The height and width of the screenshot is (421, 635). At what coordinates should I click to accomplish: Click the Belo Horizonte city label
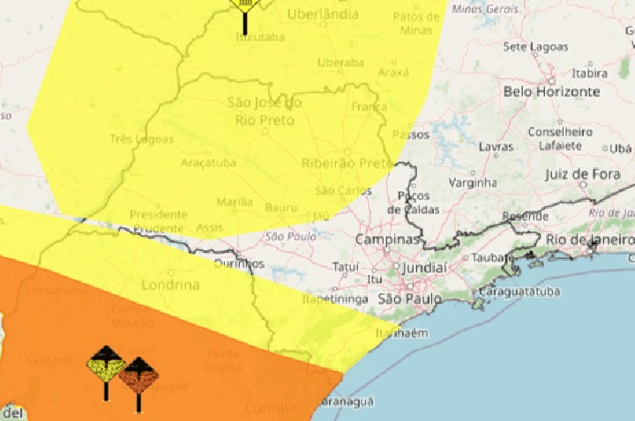[x=551, y=92]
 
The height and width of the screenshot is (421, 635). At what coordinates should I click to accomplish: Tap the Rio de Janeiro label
[x=589, y=240]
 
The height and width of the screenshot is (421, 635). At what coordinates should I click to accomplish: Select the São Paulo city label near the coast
[x=408, y=299]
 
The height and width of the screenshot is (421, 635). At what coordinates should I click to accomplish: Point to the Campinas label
[x=387, y=240]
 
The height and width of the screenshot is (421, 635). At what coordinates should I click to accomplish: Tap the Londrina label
[x=169, y=285]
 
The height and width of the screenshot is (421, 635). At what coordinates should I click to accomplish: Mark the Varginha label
[x=474, y=183]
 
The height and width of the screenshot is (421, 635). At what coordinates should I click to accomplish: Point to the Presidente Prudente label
[x=158, y=220]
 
